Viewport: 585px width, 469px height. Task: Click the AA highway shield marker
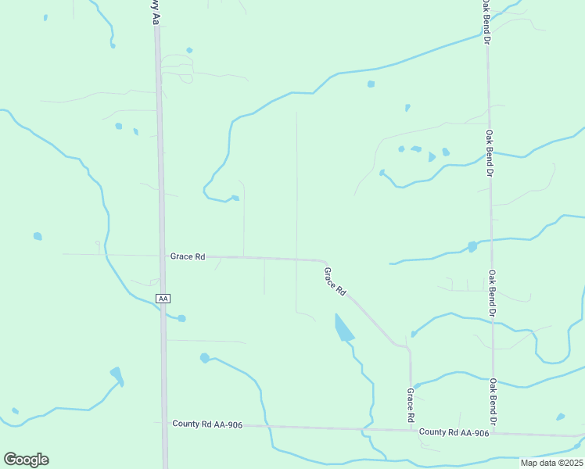click(163, 299)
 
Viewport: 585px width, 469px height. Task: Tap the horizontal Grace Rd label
click(188, 256)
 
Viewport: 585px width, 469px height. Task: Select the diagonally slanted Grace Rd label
click(336, 281)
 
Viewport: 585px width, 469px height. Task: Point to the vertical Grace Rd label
click(410, 406)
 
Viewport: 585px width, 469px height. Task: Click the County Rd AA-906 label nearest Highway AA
click(207, 424)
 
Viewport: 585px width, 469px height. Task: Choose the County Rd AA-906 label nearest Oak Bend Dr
click(454, 432)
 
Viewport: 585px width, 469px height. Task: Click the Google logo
click(26, 460)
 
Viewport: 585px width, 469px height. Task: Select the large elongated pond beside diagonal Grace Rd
click(343, 328)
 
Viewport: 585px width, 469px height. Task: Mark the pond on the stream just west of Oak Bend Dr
click(472, 247)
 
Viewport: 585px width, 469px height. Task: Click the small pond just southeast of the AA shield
click(181, 318)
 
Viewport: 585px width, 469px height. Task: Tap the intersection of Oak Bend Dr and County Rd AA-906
click(494, 432)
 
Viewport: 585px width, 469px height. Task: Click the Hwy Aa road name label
click(154, 12)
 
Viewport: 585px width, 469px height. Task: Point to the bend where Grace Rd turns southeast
click(322, 261)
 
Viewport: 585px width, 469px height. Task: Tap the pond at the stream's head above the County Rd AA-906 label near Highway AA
click(205, 358)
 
